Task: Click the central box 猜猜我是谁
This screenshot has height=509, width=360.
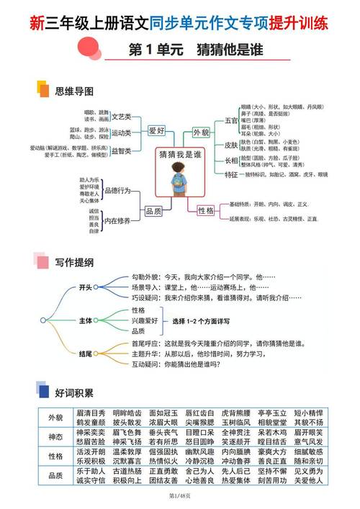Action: tap(179, 155)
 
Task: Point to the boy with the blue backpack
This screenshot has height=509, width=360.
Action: tap(179, 180)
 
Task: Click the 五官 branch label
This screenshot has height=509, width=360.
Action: tap(231, 120)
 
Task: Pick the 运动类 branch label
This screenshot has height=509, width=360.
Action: tap(120, 132)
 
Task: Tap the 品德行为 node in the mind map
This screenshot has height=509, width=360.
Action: tap(117, 190)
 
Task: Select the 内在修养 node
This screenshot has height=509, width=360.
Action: tap(117, 221)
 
